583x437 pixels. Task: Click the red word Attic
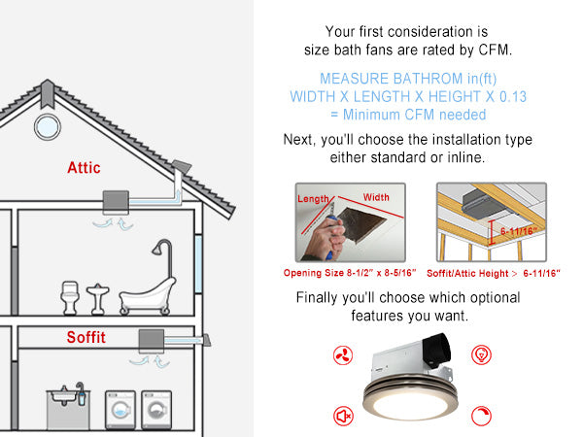(x=84, y=167)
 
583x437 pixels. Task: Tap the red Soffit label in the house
(x=86, y=338)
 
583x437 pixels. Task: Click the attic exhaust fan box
(x=118, y=202)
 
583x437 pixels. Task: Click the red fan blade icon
(x=340, y=353)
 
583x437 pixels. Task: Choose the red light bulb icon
(x=479, y=353)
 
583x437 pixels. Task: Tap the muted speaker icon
(x=342, y=416)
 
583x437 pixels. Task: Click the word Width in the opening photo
(x=376, y=198)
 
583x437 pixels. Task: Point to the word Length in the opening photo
(x=313, y=199)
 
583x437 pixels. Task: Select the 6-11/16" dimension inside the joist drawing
(x=519, y=231)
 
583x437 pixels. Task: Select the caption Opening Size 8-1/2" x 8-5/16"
(x=354, y=274)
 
